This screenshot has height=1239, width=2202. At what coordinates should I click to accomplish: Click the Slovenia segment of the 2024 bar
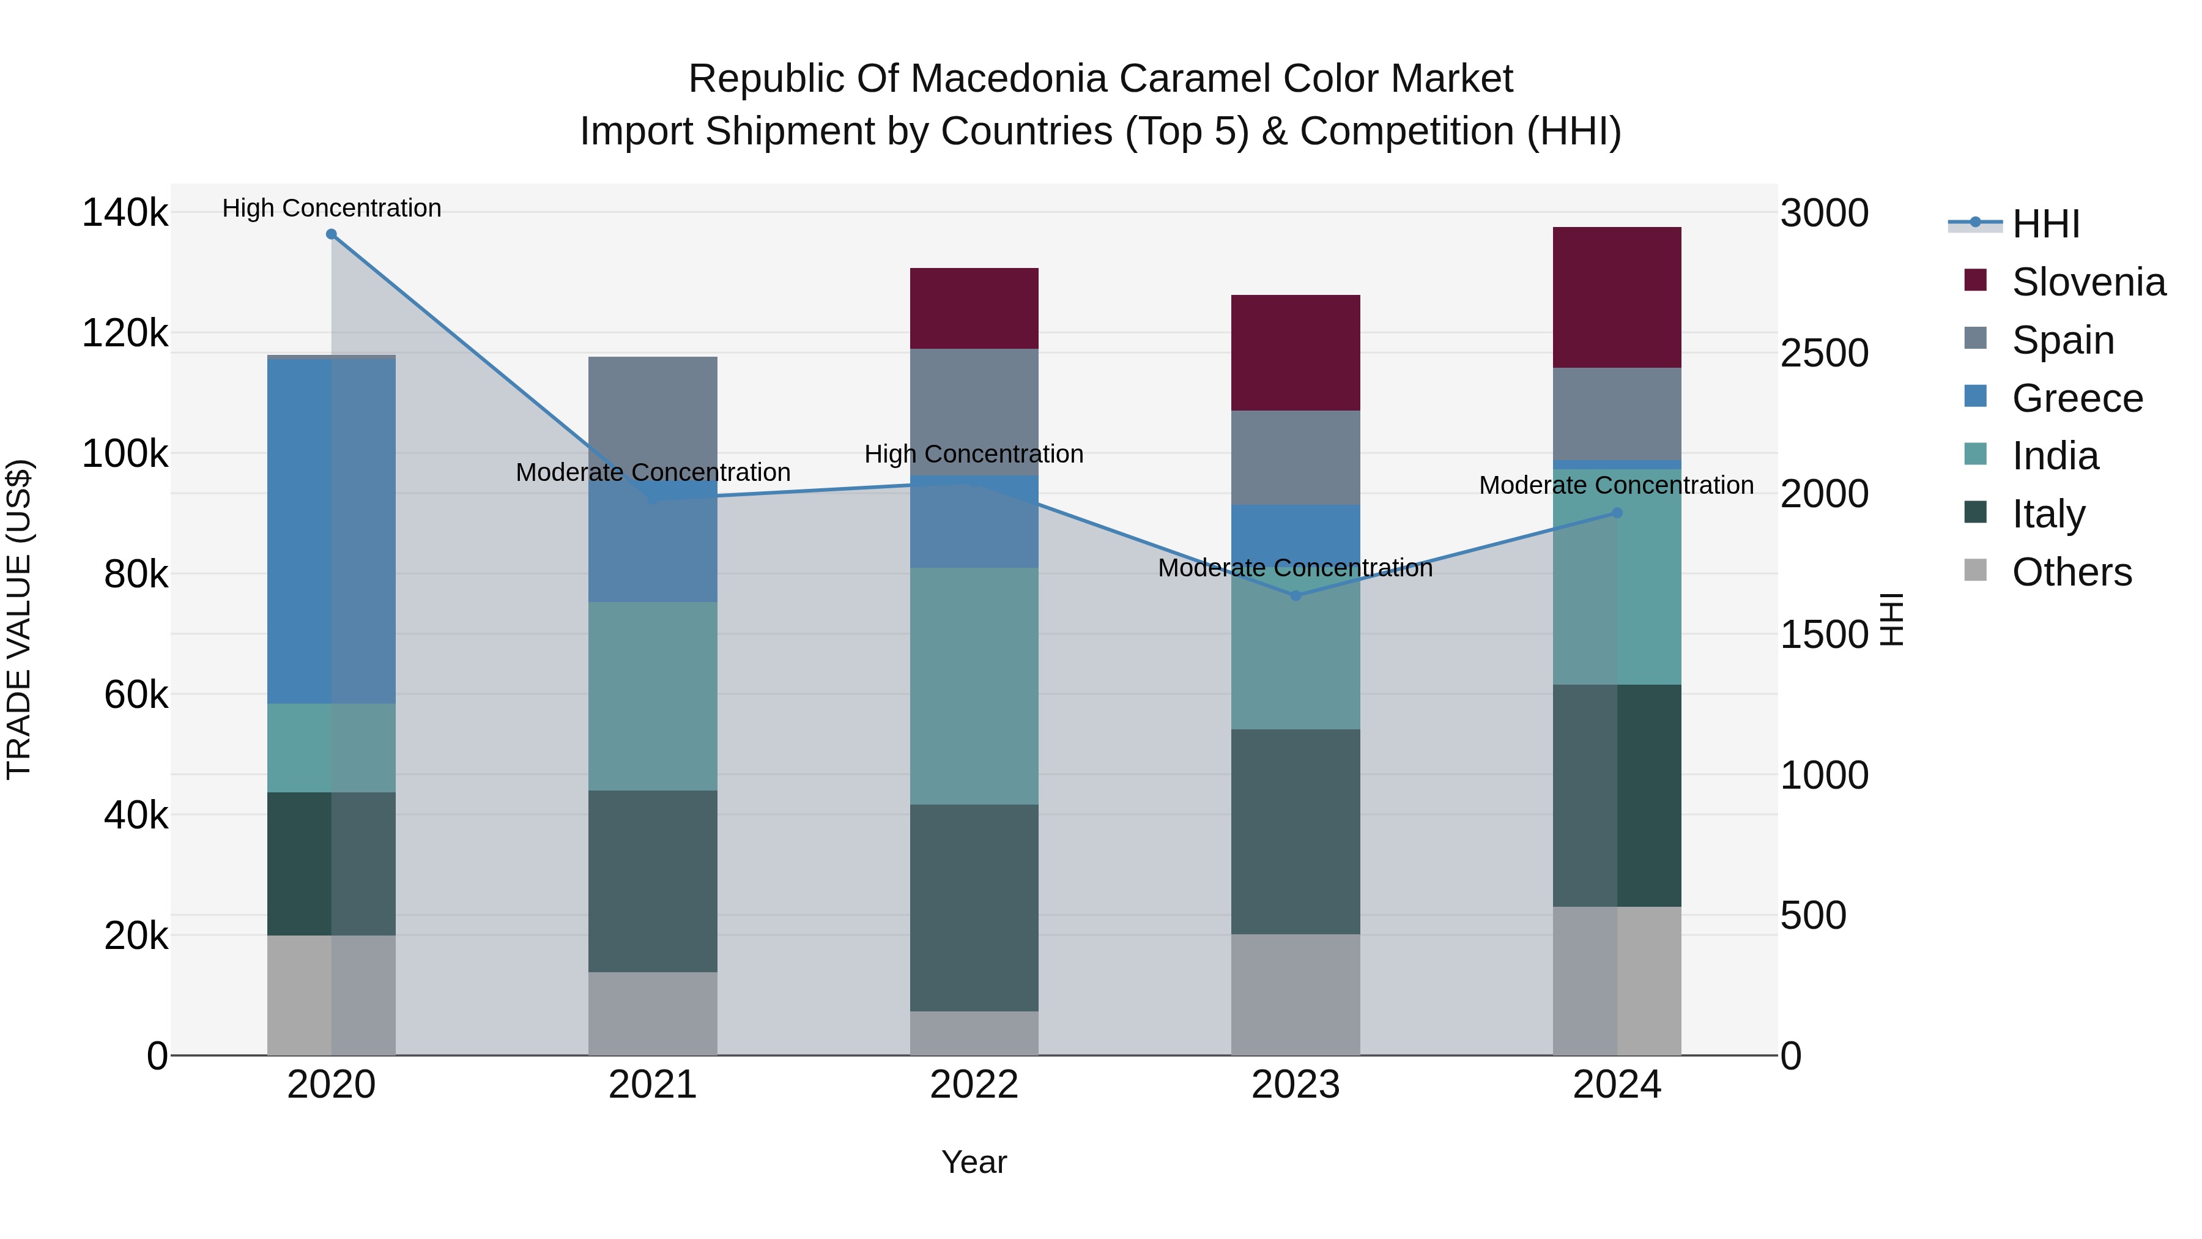tap(1617, 297)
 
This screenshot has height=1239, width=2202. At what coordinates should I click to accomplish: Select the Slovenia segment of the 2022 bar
tap(974, 308)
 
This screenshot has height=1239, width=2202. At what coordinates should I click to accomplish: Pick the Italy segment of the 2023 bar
tap(1295, 831)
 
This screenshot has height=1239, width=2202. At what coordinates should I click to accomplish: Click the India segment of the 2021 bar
tap(652, 696)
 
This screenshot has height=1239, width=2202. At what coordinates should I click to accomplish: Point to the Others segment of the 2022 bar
tap(974, 1033)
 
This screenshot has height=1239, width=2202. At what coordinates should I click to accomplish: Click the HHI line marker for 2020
tap(332, 234)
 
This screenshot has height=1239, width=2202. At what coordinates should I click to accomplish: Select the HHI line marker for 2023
tap(1295, 596)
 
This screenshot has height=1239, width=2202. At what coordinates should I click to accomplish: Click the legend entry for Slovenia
tap(2088, 282)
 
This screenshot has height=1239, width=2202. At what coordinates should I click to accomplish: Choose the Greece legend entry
tap(2077, 398)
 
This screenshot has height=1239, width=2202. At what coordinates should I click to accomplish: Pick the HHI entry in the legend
tap(2045, 224)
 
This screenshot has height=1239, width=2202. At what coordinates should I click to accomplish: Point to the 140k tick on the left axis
tap(125, 212)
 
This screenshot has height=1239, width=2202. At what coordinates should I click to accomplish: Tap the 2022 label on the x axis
tap(974, 1085)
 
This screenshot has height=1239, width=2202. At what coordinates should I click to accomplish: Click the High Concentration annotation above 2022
tap(974, 454)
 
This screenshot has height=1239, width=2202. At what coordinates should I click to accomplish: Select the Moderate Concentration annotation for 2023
tap(1295, 568)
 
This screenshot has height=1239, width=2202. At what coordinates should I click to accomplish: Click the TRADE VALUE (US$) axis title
tap(19, 619)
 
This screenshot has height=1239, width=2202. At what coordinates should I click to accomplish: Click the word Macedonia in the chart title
tap(1009, 79)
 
